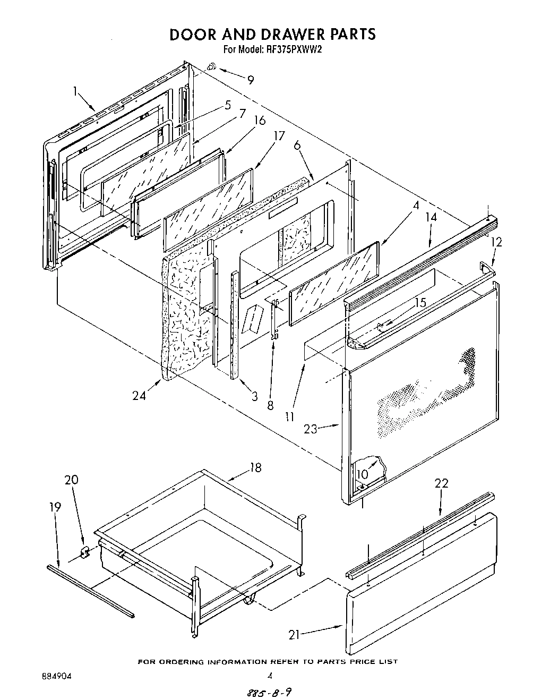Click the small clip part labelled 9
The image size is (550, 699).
click(211, 67)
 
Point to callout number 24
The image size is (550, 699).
click(139, 396)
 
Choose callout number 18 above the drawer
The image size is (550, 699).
click(255, 467)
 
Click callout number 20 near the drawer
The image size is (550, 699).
click(72, 480)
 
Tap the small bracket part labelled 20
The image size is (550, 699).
click(84, 553)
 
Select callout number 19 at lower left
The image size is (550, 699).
click(55, 507)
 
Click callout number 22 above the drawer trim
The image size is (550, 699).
click(441, 483)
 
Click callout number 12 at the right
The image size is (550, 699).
click(496, 242)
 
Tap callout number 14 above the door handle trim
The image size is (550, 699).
click(431, 217)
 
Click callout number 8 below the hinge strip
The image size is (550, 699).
click(270, 405)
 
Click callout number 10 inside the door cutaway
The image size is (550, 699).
click(362, 474)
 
